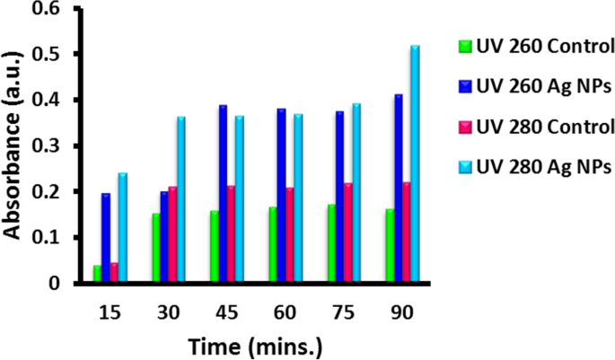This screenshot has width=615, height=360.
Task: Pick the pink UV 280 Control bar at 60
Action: [x=289, y=235]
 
